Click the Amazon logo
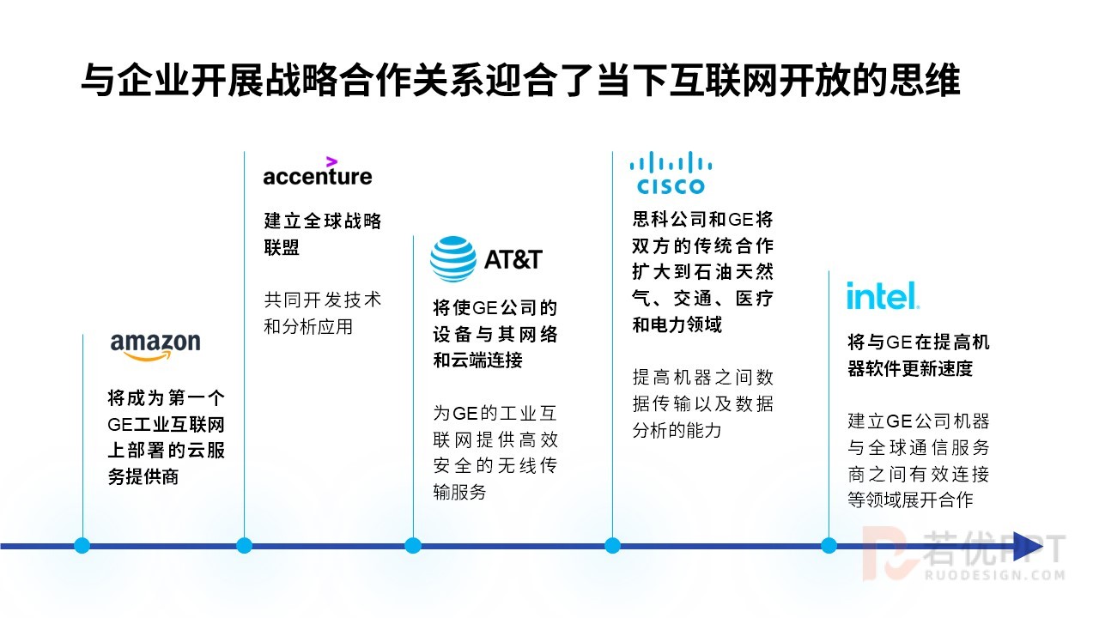pyautogui.click(x=155, y=347)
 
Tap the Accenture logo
pyautogui.click(x=318, y=171)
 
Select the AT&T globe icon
pyautogui.click(x=452, y=259)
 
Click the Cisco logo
pyautogui.click(x=671, y=173)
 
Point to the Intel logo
pyautogui.click(x=883, y=295)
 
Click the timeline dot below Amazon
pyautogui.click(x=82, y=545)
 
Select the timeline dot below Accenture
pyautogui.click(x=245, y=545)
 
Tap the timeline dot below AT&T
pyautogui.click(x=413, y=545)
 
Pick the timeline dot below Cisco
pyautogui.click(x=612, y=545)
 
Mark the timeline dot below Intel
pyautogui.click(x=829, y=545)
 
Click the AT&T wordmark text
pyautogui.click(x=513, y=259)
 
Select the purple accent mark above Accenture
pyautogui.click(x=331, y=161)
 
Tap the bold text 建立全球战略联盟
pyautogui.click(x=322, y=234)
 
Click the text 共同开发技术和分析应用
pyautogui.click(x=322, y=313)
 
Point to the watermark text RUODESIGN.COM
pyautogui.click(x=995, y=575)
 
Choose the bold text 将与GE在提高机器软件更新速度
pyautogui.click(x=919, y=355)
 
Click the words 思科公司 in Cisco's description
pyautogui.click(x=670, y=219)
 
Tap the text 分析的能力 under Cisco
pyautogui.click(x=677, y=430)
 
